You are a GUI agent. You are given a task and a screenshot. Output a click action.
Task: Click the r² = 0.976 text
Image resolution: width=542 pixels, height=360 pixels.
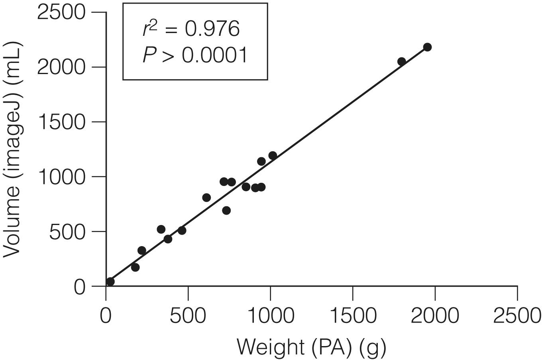click(x=191, y=29)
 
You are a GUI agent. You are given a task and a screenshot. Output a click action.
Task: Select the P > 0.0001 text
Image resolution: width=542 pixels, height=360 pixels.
click(x=195, y=55)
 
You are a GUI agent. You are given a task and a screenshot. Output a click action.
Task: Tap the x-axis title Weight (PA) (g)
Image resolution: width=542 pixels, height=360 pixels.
click(x=311, y=347)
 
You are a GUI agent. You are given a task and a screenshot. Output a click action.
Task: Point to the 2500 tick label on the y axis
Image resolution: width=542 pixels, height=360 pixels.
click(x=61, y=12)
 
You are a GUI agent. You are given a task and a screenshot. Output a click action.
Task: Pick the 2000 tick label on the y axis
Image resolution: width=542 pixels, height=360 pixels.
click(x=61, y=67)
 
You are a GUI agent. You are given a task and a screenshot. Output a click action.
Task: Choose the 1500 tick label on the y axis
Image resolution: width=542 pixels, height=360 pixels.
click(x=61, y=122)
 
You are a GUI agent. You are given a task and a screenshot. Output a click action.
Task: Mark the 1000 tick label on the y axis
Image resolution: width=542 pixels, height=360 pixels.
click(x=61, y=176)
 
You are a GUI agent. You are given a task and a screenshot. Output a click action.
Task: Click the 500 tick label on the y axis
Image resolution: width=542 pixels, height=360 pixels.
click(x=67, y=231)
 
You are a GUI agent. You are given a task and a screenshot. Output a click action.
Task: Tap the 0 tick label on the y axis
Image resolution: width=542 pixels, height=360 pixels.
click(x=79, y=286)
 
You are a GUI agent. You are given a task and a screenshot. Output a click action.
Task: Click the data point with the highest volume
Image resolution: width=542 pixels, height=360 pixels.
click(x=427, y=47)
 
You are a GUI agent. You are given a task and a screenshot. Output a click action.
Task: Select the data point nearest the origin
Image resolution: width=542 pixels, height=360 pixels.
click(x=110, y=282)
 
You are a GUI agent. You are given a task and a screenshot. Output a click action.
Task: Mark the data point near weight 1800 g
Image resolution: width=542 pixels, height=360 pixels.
click(x=402, y=61)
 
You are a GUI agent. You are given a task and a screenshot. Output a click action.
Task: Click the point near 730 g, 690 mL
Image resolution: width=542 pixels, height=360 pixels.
click(x=226, y=210)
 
